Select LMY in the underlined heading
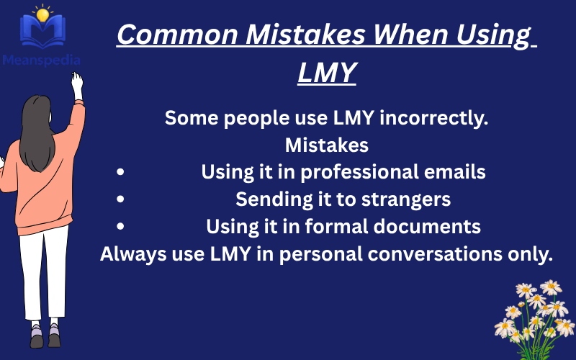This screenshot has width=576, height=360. click(327, 72)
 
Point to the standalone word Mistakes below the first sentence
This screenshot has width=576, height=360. click(327, 145)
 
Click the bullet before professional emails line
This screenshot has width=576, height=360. click(120, 173)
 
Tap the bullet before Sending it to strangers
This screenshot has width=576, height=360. click(120, 199)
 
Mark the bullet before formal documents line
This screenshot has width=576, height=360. click(120, 227)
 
